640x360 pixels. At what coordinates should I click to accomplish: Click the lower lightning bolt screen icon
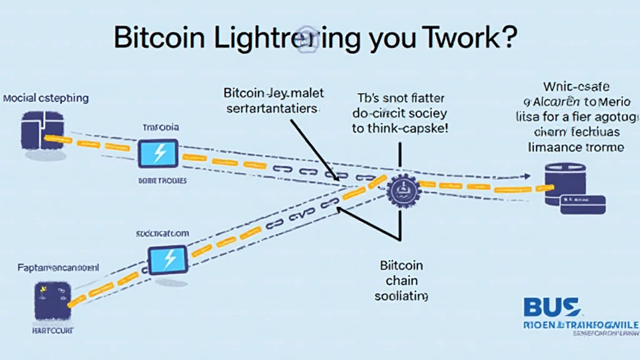167,258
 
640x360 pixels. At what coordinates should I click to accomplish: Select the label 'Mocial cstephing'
46,99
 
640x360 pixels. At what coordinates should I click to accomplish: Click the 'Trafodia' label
161,127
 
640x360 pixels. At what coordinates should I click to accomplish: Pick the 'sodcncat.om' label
162,232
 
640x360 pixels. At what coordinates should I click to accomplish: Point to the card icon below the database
582,204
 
